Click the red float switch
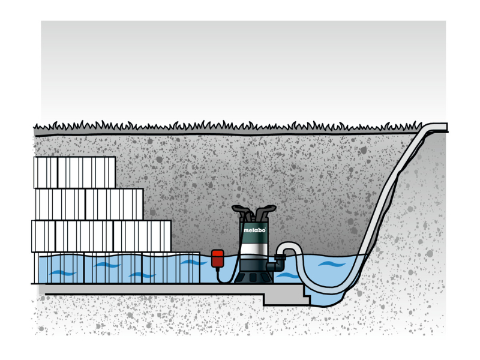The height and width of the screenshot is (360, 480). coord(217,259)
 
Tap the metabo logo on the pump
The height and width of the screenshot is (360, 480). coord(254,230)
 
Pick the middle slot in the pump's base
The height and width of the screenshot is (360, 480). coord(253,278)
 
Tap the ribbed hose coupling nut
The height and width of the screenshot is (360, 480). coord(279,257)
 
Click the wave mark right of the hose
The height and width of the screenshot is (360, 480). coord(332,263)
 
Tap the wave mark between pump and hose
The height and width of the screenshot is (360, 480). coord(287,275)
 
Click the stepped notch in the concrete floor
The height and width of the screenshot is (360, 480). coord(307,294)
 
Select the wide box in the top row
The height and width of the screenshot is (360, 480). coord(86,172)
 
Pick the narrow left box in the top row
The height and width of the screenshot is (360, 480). coord(46,172)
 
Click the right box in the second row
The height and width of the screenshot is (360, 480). coord(114,204)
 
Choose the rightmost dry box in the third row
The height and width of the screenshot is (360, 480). coord(142,236)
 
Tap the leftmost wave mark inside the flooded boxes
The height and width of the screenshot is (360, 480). coord(62,273)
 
